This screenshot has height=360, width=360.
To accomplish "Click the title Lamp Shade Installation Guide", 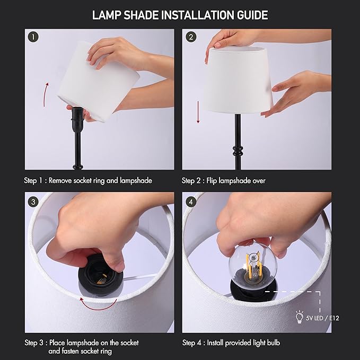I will [x=180, y=14].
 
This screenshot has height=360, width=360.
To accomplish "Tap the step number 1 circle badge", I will [x=34, y=38].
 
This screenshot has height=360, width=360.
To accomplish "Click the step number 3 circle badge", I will [x=34, y=201].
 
